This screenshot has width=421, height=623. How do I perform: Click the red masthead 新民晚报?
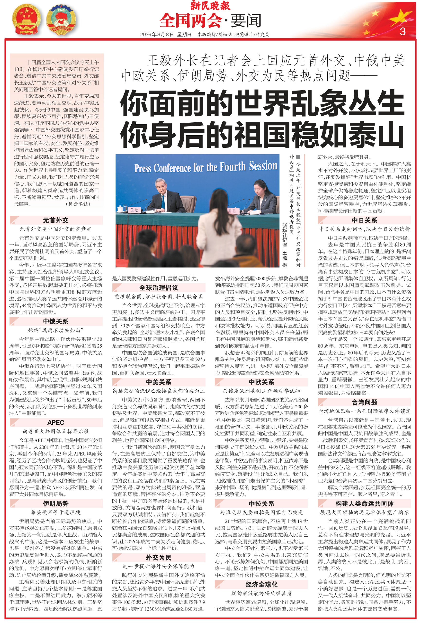click(x=210, y=6)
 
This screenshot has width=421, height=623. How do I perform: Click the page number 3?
click(x=402, y=32)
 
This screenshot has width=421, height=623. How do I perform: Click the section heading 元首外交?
click(x=56, y=220)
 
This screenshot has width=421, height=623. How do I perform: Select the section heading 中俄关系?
click(x=56, y=321)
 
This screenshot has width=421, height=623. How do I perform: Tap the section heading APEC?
click(x=56, y=422)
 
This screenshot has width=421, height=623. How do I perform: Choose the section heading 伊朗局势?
click(x=56, y=504)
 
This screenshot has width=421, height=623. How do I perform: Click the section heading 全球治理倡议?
click(x=159, y=288)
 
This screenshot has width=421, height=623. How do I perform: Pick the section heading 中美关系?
click(x=159, y=382)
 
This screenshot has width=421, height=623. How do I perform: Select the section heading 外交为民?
click(x=159, y=558)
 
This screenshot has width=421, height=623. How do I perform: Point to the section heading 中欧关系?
click(x=261, y=382)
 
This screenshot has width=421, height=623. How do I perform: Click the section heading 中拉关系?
click(x=261, y=504)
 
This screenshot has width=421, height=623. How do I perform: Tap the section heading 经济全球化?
click(x=261, y=584)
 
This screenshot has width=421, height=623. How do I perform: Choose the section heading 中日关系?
click(x=365, y=220)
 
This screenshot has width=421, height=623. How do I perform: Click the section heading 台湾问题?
click(x=365, y=402)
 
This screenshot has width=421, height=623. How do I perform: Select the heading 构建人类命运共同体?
click(x=365, y=504)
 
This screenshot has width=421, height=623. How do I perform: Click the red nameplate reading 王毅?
click(x=134, y=210)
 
